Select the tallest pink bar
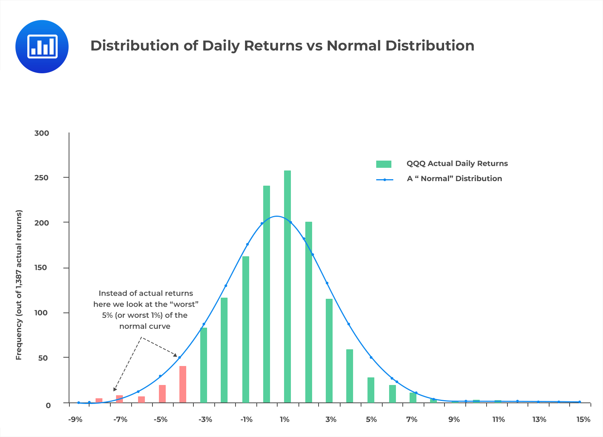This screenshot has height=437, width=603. [183, 384]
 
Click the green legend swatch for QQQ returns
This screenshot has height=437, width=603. [383, 164]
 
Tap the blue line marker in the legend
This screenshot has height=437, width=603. [385, 180]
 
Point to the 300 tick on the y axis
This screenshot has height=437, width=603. [42, 133]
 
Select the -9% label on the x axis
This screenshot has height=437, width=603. [75, 420]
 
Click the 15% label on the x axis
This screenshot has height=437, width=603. [583, 420]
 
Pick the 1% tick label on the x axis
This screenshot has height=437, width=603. [284, 420]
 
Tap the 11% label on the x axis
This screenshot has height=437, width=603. [498, 420]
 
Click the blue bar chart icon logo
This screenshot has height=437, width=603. [42, 47]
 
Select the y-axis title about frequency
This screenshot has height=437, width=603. [19, 285]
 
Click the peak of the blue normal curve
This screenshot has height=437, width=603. [277, 216]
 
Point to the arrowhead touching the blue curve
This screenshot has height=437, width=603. [176, 355]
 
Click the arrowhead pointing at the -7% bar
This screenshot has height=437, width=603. [115, 389]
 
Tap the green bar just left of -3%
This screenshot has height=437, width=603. [204, 364]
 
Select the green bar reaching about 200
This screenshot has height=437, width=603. [309, 311]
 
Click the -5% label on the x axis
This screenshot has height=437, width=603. [160, 420]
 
